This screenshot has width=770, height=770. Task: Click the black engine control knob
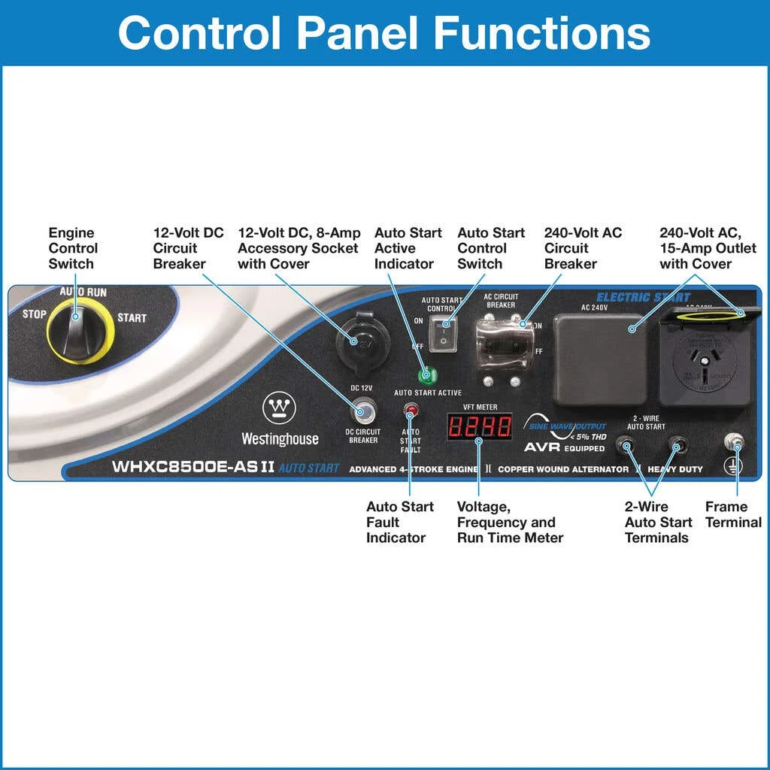point(77,332)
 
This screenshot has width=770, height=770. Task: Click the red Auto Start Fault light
point(411,411)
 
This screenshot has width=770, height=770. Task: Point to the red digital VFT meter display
point(479,426)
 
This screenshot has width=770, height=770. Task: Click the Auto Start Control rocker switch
point(444,332)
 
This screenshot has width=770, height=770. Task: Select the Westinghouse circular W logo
point(279,410)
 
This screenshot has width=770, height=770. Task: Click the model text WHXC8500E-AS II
point(193,467)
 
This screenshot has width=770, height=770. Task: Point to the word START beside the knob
point(132,317)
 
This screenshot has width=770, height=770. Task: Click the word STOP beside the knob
point(35,314)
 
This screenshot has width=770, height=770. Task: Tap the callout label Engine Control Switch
point(73,248)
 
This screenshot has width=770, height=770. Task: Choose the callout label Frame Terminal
point(733,514)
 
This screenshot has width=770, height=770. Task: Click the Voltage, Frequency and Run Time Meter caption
point(510,522)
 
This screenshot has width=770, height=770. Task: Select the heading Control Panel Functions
point(384,32)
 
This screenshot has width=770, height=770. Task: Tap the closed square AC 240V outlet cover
point(599,359)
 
